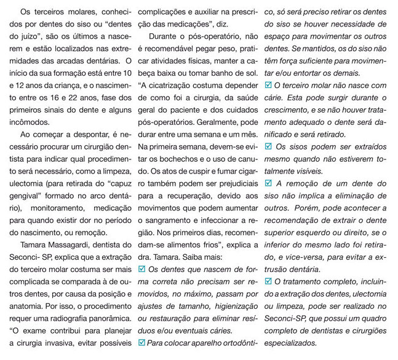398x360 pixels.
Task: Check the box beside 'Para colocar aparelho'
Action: pyautogui.click(x=143, y=343)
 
